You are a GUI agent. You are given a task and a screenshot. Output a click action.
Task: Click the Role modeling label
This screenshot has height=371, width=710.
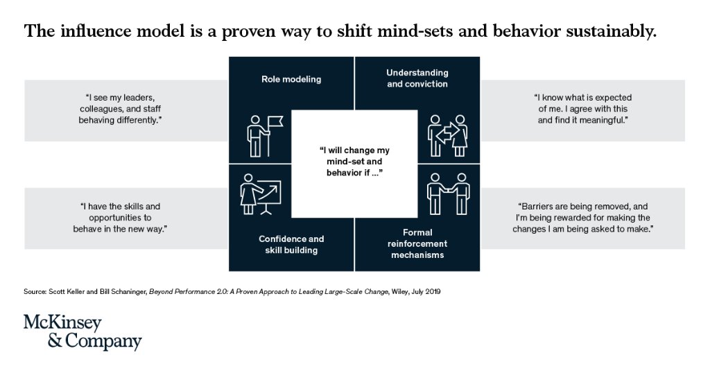pos(291,79)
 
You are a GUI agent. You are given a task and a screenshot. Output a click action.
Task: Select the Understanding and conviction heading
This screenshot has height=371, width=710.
pos(417,78)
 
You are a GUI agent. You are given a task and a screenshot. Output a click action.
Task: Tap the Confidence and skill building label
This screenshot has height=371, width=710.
pos(291,244)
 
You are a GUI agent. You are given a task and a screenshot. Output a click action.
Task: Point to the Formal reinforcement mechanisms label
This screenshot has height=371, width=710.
pos(417,243)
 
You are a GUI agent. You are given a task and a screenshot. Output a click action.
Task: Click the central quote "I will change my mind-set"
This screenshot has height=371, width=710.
pos(354,162)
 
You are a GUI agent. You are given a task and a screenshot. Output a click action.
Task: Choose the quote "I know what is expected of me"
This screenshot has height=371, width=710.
pos(583,109)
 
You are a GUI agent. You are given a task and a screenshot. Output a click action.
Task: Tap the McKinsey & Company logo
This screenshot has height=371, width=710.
pos(83,332)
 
